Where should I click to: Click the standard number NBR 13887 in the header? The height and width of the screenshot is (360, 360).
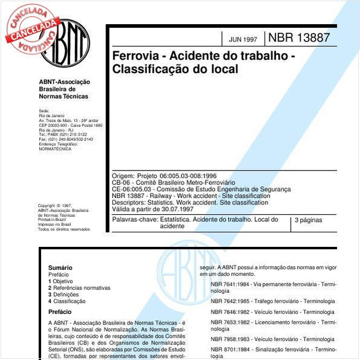click(298, 37)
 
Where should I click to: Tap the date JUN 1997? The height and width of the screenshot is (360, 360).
click(243, 39)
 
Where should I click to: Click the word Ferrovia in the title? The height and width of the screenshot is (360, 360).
click(135, 56)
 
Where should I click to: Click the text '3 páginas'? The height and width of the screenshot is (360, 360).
click(308, 220)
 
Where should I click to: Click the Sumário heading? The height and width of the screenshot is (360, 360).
click(60, 267)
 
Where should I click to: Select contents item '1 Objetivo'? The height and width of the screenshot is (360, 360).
click(61, 281)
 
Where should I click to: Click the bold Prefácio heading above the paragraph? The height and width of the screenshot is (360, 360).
click(60, 312)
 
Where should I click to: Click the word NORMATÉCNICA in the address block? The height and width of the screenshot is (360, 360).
click(55, 148)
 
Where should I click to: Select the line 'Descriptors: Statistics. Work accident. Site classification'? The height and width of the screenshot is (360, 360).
click(190, 202)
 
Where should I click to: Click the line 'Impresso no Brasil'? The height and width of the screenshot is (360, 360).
click(54, 224)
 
